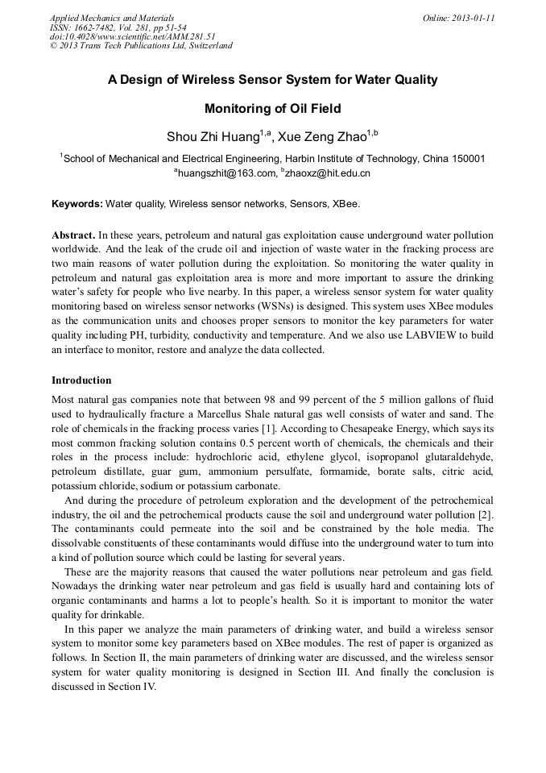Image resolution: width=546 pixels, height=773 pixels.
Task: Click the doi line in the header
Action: click(133, 36)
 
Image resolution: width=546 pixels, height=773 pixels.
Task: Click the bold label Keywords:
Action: click(77, 205)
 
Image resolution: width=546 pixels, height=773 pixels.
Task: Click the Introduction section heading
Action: click(81, 380)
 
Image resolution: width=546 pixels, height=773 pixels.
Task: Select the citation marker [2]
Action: click(485, 515)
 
